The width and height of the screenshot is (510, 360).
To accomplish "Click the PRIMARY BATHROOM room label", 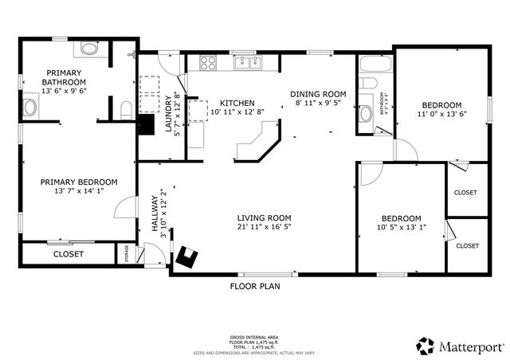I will click(65, 77).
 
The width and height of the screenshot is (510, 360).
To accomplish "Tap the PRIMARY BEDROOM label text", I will click(79, 182).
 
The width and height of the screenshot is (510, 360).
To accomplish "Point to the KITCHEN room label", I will click(237, 103).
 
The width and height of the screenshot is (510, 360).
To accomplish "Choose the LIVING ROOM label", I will click(263, 217).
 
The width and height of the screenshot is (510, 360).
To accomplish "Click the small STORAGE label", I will click(127, 253).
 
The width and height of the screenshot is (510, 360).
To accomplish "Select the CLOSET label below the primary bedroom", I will click(69, 254).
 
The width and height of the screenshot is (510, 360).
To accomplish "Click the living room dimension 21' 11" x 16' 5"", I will click(263, 227).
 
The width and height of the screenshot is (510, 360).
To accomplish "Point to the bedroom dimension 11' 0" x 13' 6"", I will click(441, 115).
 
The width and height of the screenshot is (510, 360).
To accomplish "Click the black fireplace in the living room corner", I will click(188, 256).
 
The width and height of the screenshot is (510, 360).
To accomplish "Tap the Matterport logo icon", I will click(426, 346).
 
